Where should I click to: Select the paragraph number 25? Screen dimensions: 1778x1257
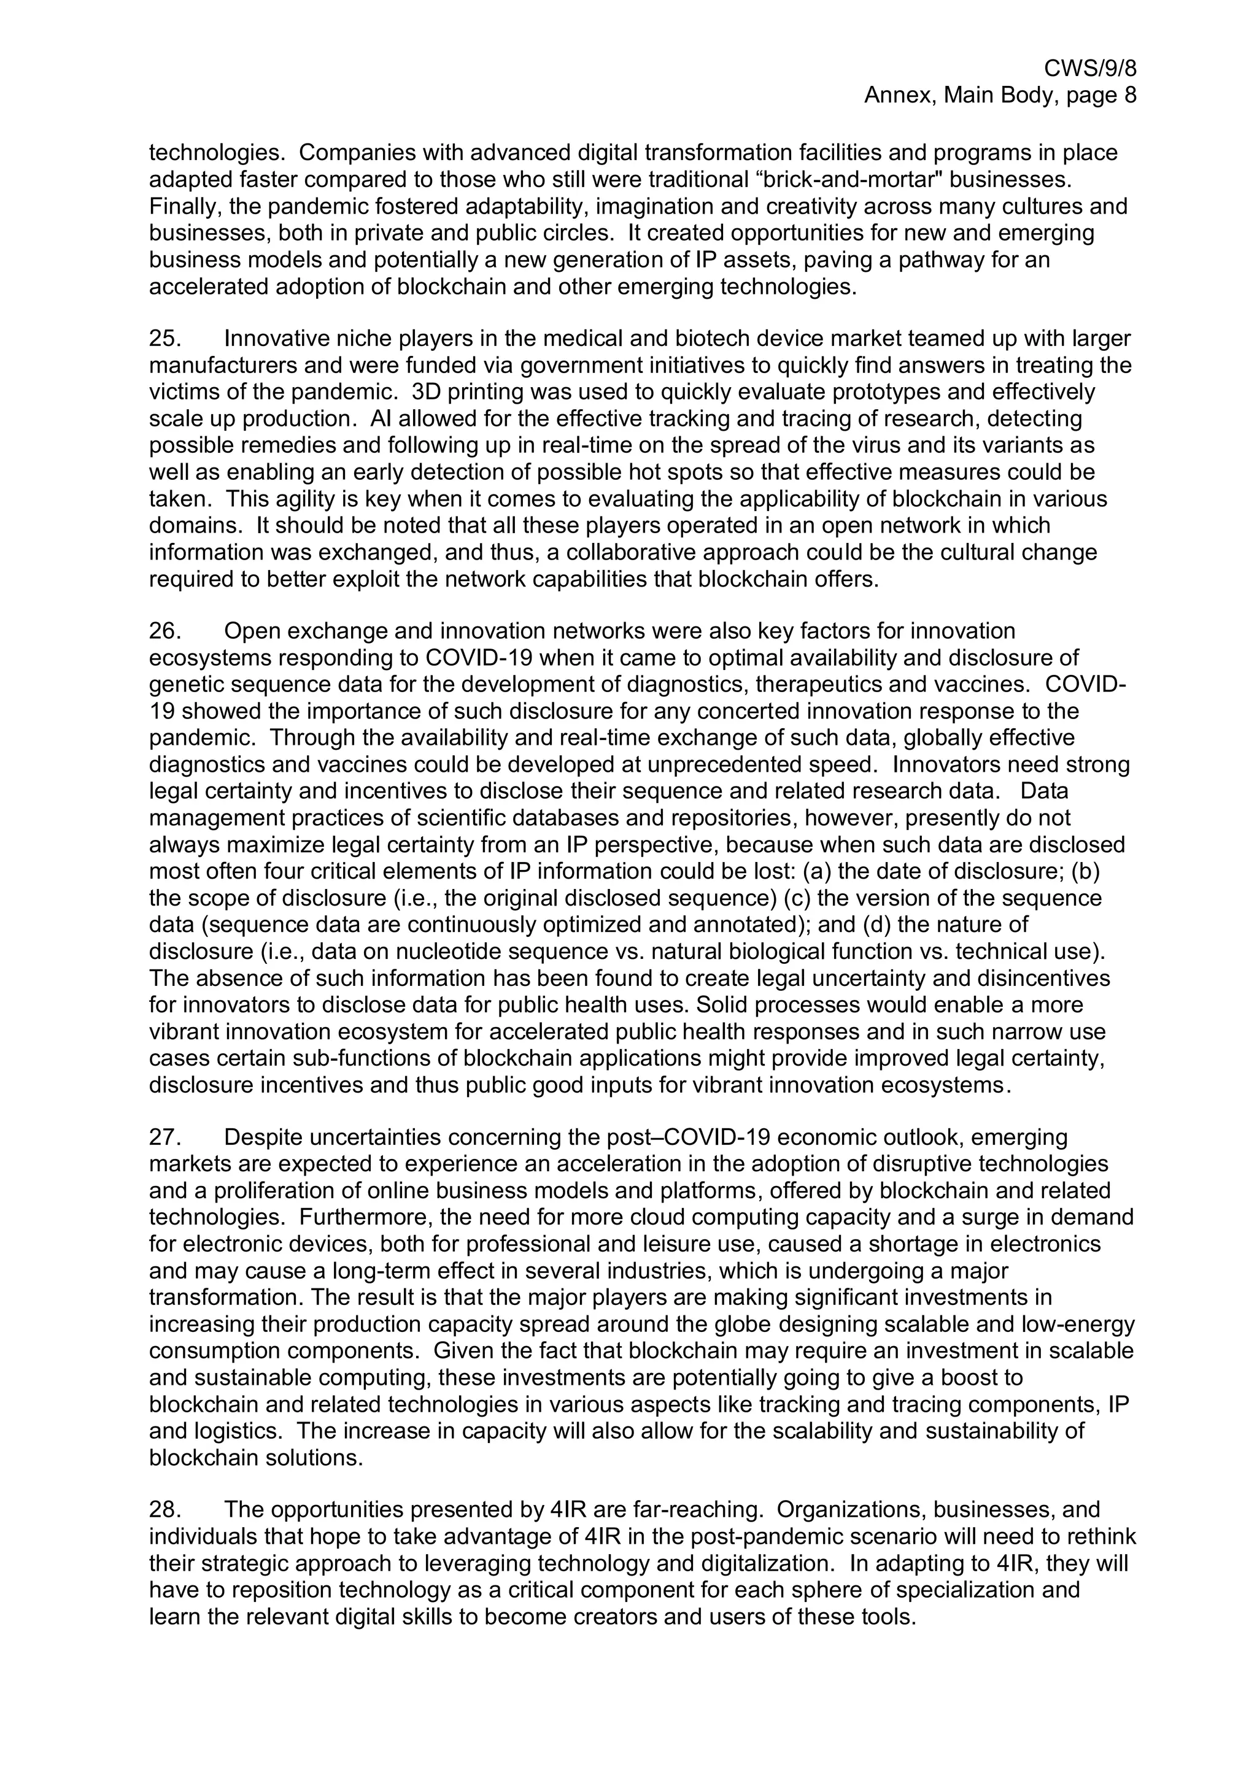[165, 339]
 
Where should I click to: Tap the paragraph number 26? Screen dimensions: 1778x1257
[165, 631]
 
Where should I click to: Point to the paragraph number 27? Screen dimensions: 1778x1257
[165, 1137]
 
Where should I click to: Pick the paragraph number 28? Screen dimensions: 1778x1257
[165, 1509]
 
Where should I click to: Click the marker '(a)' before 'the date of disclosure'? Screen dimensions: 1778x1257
[817, 871]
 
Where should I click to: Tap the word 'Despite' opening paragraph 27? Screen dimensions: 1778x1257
[264, 1137]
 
